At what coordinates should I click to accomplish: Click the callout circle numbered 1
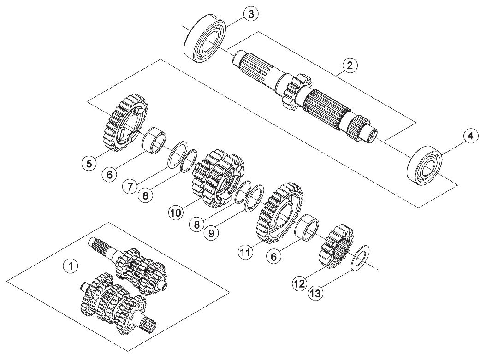click(71, 266)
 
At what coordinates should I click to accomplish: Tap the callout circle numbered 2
click(350, 65)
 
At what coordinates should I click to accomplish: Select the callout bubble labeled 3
click(251, 14)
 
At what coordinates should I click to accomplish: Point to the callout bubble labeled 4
click(470, 136)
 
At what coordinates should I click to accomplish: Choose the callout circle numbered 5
click(89, 163)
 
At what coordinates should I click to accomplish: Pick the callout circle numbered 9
click(211, 233)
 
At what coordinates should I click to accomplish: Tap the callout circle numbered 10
click(176, 213)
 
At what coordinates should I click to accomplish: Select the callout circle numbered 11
click(246, 252)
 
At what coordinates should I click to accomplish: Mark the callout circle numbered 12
click(300, 283)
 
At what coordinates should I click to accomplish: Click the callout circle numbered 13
click(316, 294)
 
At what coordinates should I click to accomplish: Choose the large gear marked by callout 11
click(282, 212)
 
